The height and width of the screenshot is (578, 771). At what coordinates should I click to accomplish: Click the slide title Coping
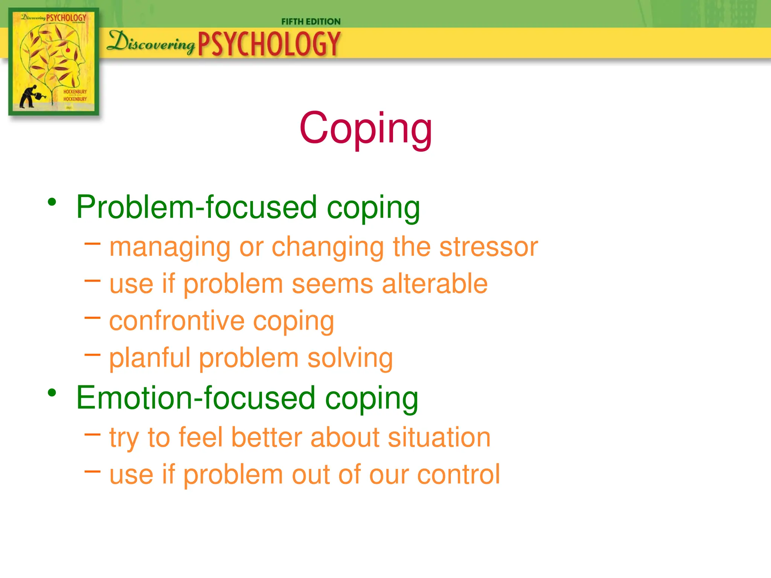[x=366, y=129]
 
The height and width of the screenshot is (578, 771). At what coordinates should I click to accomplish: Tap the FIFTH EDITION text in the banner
[x=311, y=22]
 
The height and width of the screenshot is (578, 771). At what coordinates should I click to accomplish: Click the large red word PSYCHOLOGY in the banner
[x=269, y=44]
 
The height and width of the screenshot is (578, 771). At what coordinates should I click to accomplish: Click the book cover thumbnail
[x=54, y=61]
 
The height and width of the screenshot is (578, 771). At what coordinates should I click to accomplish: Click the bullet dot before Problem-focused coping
[x=52, y=202]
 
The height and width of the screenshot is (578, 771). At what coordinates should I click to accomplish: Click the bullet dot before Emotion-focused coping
[x=52, y=393]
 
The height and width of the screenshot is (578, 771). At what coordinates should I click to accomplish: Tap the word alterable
[x=435, y=284]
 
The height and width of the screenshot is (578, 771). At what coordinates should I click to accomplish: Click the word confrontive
[x=177, y=321]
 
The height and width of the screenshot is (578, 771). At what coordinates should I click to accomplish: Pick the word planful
[x=150, y=358]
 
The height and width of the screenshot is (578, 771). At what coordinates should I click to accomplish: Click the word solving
[x=350, y=358]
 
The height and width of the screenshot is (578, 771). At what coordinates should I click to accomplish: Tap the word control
[x=459, y=474]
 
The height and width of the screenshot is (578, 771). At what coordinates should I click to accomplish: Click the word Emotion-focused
[x=195, y=398]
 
